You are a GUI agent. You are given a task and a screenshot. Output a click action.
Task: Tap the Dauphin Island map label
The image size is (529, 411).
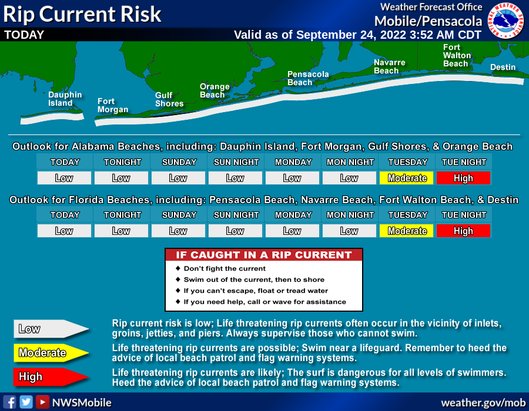coord(65,99)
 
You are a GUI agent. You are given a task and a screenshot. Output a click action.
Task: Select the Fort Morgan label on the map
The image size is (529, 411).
coord(113,106)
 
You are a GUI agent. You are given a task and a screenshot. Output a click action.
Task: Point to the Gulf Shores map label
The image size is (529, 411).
coord(169,99)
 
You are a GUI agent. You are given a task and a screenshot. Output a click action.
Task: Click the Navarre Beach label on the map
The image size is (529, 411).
coord(389,67)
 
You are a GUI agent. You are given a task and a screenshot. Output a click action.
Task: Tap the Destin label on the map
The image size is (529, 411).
coord(503,67)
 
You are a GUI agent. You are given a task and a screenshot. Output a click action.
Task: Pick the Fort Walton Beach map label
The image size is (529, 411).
coord(457,56)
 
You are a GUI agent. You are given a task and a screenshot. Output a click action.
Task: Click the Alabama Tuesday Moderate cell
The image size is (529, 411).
coord(407,178)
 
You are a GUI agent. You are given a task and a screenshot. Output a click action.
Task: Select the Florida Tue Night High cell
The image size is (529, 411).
coord(463,231)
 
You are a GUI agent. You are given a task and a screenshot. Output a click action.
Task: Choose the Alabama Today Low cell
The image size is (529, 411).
coord(64,178)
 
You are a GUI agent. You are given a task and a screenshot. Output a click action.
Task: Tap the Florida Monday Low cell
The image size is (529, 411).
coord(292,231)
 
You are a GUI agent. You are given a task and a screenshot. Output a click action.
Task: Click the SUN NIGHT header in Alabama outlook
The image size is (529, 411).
coord(236,162)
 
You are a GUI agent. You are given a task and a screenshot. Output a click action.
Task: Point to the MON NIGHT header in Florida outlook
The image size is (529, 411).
coord(350,215)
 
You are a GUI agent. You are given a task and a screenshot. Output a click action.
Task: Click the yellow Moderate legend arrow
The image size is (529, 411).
coord(51,353)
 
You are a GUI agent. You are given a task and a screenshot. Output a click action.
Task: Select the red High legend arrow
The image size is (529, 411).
coord(51,376)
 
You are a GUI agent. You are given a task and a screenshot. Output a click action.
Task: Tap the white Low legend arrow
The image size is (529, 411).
coord(51,329)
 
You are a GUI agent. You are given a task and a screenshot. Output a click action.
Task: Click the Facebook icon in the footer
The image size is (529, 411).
coord(9,402)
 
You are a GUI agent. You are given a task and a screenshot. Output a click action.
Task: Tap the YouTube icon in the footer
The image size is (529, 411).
coord(42,402)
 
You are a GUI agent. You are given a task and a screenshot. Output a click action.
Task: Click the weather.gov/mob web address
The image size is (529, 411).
coord(483,403)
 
